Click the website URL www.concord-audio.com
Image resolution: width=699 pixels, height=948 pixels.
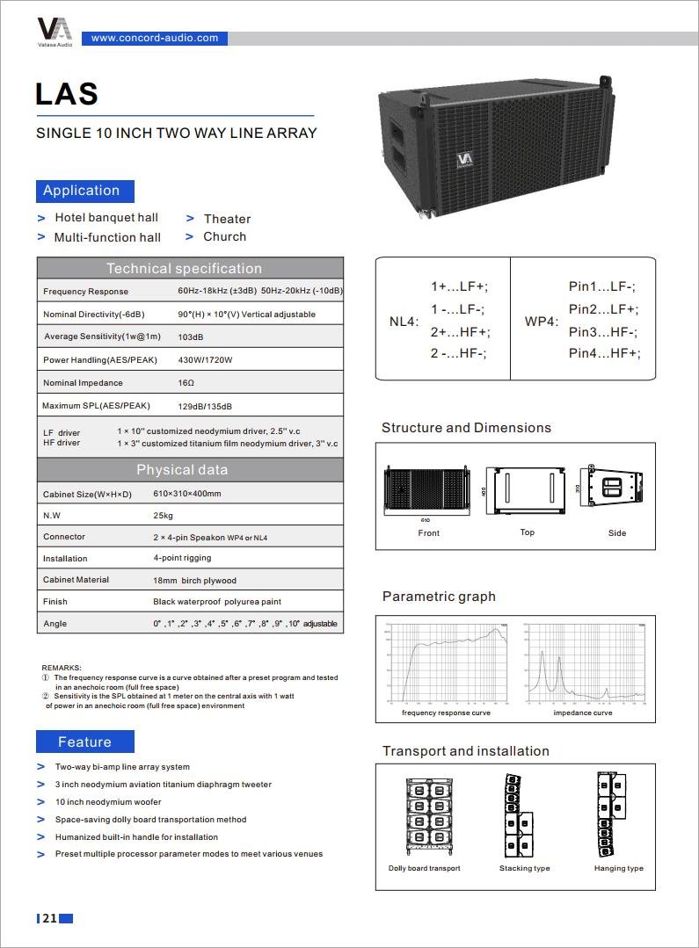tap(155, 38)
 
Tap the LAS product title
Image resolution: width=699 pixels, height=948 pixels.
tap(67, 94)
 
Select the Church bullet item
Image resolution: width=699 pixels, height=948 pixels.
tap(224, 236)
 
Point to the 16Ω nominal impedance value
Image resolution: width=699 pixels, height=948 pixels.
tap(186, 383)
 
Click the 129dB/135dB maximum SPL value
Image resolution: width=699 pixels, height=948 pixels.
tap(205, 407)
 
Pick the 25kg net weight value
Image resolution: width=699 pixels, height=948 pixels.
tap(163, 516)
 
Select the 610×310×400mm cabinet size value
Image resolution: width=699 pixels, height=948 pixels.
tap(187, 495)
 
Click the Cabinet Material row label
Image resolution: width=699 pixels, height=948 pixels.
tap(76, 580)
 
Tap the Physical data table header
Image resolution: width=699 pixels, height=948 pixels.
tap(182, 470)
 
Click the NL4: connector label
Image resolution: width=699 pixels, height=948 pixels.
tap(404, 322)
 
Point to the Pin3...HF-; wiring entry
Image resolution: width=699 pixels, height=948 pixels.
tap(602, 331)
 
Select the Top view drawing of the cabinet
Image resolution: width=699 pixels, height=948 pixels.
tap(527, 492)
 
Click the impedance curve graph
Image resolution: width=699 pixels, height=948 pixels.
tap(583, 665)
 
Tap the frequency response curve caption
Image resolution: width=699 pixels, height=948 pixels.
tap(446, 713)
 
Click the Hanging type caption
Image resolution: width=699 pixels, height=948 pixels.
tap(618, 868)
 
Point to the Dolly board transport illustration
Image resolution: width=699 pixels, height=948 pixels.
tap(425, 816)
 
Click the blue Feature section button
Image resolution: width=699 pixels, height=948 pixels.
tap(84, 742)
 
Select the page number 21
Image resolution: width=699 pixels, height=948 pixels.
tap(49, 919)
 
